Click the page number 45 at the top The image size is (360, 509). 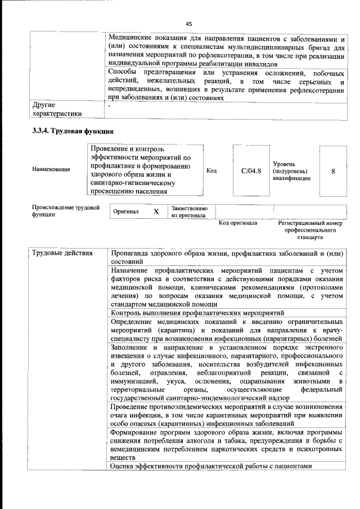(x=188, y=23)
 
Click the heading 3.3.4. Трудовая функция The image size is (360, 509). (x=73, y=131)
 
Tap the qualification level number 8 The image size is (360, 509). (x=333, y=170)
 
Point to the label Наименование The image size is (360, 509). (x=52, y=170)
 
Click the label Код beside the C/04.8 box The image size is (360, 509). (x=211, y=170)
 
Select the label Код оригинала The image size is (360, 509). (x=238, y=223)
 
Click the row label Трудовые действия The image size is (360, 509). (x=62, y=253)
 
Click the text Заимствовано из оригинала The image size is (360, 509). (x=189, y=212)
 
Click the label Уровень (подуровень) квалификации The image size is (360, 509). (x=290, y=170)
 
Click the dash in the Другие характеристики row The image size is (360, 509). (x=110, y=105)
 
